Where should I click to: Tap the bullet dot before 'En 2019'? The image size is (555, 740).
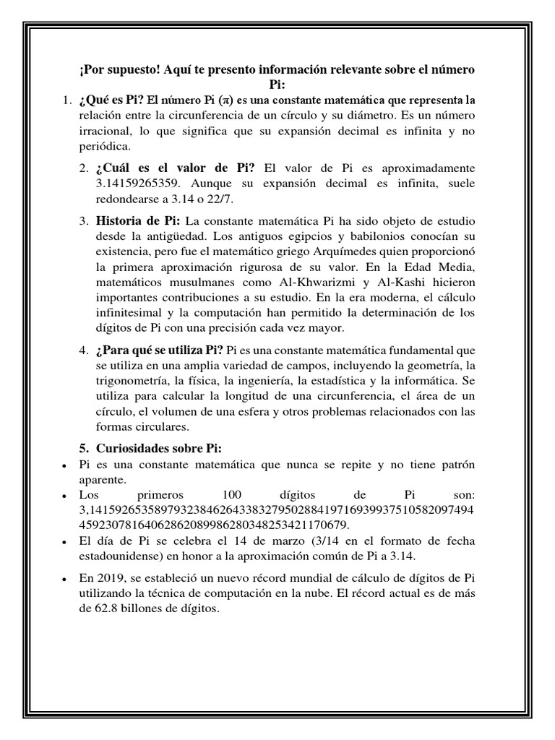(x=65, y=580)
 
